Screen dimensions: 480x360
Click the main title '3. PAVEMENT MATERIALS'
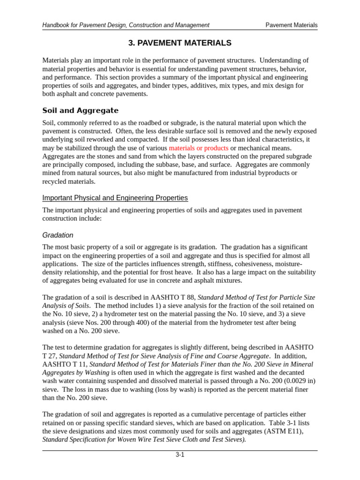(x=180, y=43)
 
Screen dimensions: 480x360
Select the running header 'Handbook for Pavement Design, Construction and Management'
(x=126, y=25)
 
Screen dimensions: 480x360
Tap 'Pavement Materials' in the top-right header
(x=291, y=25)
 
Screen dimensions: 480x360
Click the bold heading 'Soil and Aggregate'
(x=80, y=111)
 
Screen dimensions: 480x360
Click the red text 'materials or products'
(x=199, y=148)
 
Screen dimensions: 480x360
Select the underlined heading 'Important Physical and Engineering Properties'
(x=115, y=198)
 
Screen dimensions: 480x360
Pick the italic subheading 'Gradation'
(x=58, y=235)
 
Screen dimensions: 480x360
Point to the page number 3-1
(x=180, y=455)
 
